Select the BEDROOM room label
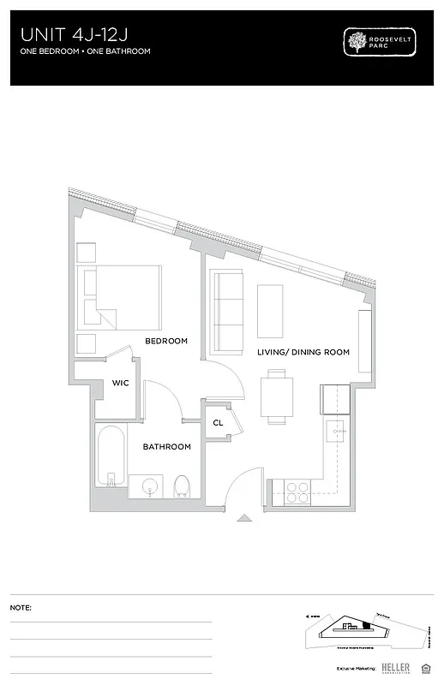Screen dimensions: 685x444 pos(165,341)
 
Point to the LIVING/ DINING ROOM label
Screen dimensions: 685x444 pos(303,352)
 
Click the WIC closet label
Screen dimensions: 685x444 pos(120,383)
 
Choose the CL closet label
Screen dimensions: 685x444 pos(219,423)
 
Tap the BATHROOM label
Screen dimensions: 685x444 pos(166,447)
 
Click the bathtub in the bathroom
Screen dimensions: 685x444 pos(111,460)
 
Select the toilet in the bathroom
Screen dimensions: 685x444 pos(181,486)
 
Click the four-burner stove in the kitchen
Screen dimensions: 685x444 pos(297,491)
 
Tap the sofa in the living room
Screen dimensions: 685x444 pos(227,312)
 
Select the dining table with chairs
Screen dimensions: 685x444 pos(276,396)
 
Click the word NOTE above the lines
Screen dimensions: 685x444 pos(21,607)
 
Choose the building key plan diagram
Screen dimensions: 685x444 pos(364,629)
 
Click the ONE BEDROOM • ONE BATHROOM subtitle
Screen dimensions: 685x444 pos(85,51)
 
